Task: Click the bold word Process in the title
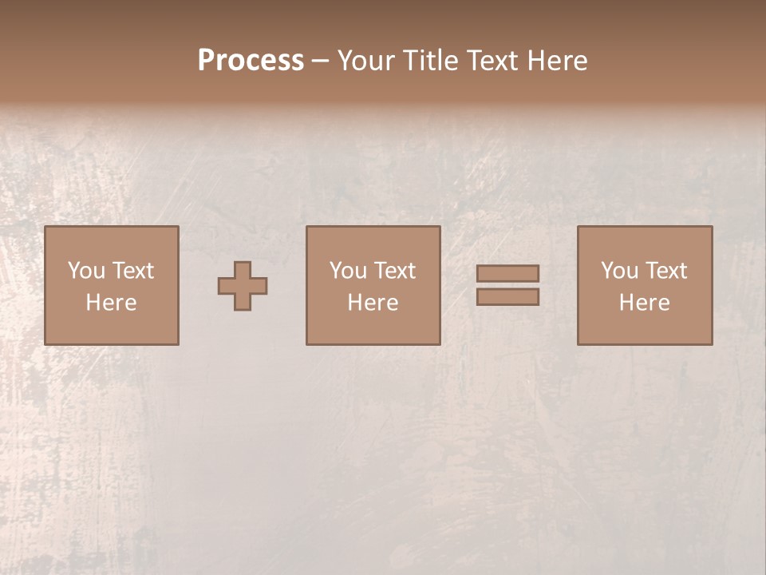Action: [251, 61]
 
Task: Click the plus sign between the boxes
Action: [243, 286]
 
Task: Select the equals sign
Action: [507, 285]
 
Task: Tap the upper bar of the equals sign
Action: [507, 273]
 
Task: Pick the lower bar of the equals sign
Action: [507, 297]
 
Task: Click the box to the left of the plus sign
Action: [112, 285]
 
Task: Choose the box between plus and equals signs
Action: [373, 285]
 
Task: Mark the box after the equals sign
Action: [645, 285]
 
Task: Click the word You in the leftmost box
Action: [86, 271]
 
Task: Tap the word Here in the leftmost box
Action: [112, 303]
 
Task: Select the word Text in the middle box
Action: [395, 271]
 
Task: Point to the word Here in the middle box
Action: [373, 303]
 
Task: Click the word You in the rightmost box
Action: [619, 271]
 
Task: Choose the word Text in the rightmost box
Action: [666, 271]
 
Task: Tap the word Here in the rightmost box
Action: [645, 303]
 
